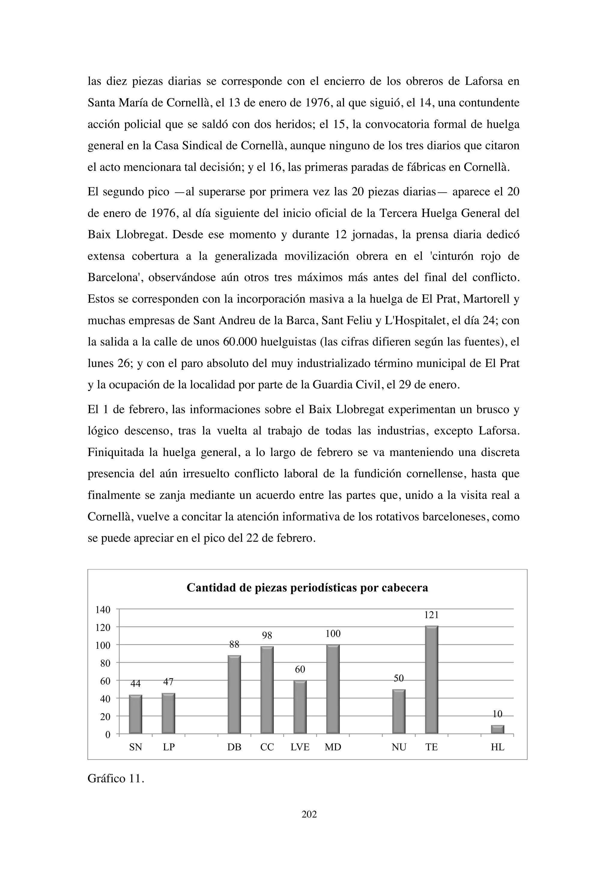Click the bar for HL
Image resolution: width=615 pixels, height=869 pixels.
pos(497,729)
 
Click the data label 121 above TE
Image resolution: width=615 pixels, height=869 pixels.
pos(431,615)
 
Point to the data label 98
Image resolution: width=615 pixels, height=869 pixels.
pos(267,636)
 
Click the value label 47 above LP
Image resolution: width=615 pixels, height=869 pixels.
pos(168,682)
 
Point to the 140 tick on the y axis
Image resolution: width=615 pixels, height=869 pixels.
pos(103,610)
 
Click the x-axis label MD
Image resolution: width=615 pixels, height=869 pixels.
pos(333,747)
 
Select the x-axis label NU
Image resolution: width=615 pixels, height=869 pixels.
pos(399,747)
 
